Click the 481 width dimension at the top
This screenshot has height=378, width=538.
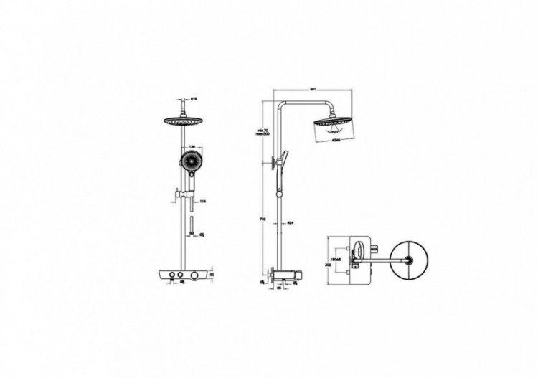point(314,90)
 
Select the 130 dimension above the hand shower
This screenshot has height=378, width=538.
point(192,145)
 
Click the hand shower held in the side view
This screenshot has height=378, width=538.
point(285,158)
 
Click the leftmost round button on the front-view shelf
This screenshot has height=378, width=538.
point(178,277)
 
